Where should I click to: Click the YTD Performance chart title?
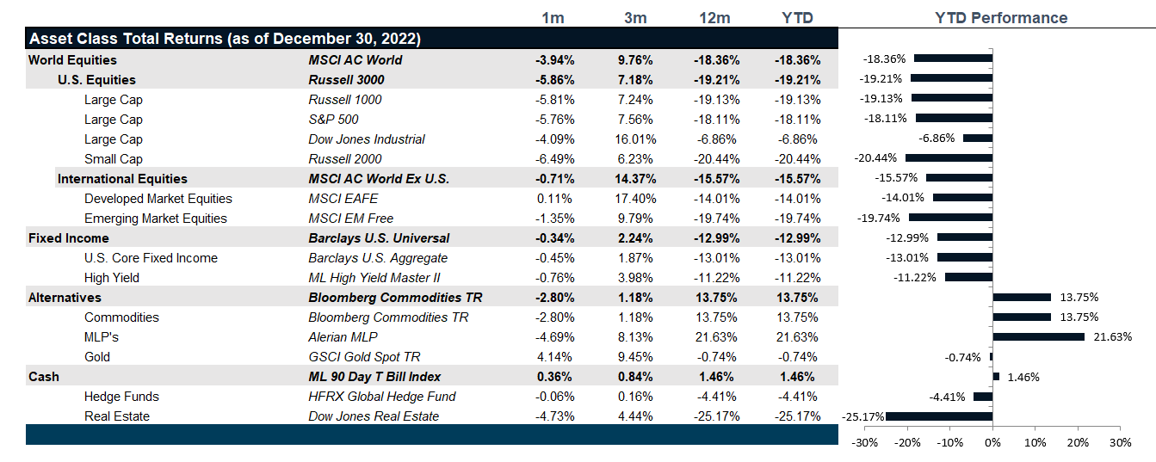(x=1001, y=18)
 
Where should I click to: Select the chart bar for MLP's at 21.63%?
(x=1038, y=336)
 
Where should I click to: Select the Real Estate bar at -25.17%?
(x=939, y=416)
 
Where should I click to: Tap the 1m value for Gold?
(x=554, y=357)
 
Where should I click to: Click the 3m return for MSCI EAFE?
(x=637, y=199)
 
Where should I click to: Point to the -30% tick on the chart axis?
(x=865, y=442)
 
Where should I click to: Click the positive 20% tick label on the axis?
(x=1077, y=442)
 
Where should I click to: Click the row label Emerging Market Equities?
(x=156, y=219)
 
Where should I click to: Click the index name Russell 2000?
(x=344, y=159)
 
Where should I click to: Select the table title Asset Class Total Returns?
(x=225, y=40)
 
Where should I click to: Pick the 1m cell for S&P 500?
(x=554, y=120)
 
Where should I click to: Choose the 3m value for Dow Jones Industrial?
(x=637, y=139)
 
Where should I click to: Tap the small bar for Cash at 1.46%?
(x=996, y=376)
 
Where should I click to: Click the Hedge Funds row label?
(x=123, y=397)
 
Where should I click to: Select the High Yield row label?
(x=112, y=278)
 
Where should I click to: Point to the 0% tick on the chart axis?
(x=992, y=442)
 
